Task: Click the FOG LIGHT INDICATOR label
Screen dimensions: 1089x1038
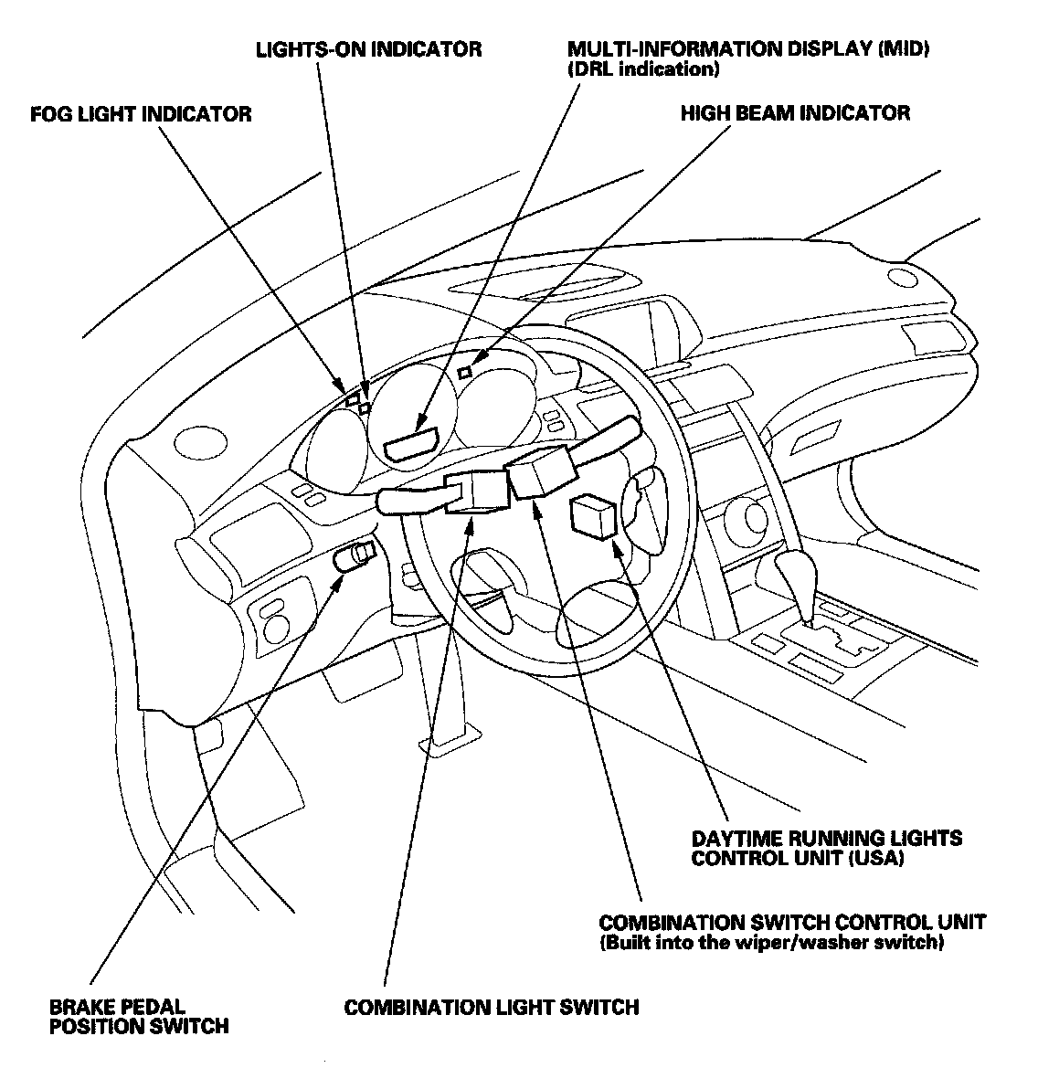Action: click(141, 114)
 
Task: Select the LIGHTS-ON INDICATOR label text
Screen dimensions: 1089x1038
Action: click(368, 48)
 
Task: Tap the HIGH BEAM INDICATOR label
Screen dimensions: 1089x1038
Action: click(795, 113)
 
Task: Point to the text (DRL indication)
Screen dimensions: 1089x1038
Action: click(643, 69)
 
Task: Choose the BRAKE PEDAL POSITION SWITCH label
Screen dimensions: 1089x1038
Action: click(139, 1016)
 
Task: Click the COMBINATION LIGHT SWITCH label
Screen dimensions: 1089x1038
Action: click(491, 1007)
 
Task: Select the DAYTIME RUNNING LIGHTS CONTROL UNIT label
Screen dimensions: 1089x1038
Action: click(826, 848)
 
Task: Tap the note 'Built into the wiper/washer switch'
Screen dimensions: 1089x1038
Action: click(769, 942)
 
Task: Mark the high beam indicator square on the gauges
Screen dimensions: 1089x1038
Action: click(465, 371)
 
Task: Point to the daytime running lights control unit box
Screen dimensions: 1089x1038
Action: click(593, 515)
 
